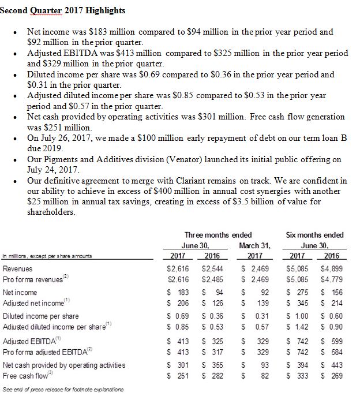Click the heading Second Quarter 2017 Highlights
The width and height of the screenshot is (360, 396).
[x=62, y=10]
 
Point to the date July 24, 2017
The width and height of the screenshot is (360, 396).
[x=54, y=170]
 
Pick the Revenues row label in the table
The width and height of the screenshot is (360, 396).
[x=18, y=268]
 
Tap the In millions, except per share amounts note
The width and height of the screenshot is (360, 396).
[x=40, y=257]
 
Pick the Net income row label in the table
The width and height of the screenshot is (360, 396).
[x=20, y=293]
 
